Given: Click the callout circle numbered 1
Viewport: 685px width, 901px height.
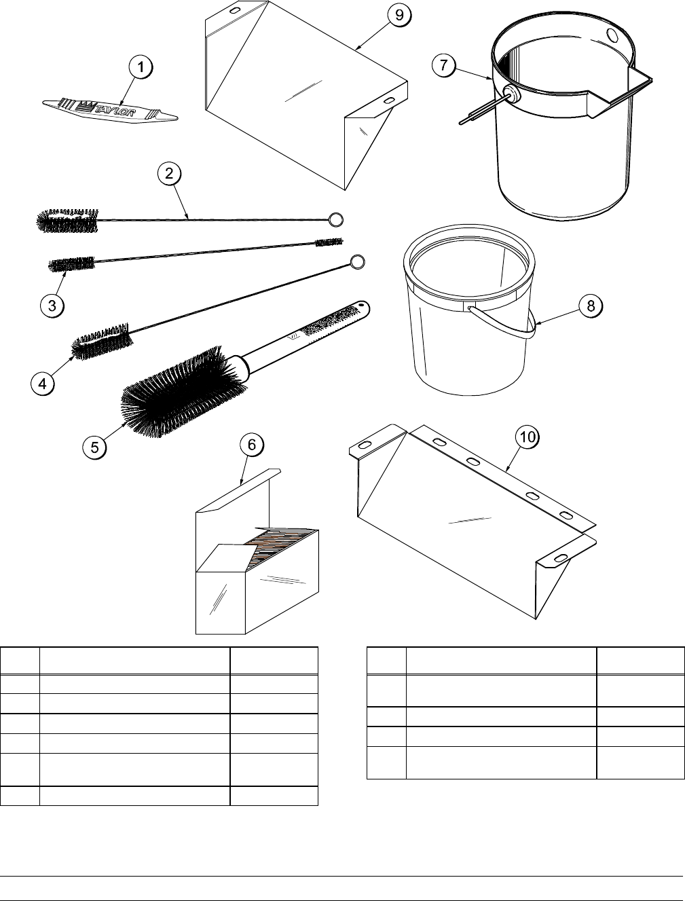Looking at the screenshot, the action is (141, 67).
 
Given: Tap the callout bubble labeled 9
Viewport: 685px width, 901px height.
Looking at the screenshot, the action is (399, 15).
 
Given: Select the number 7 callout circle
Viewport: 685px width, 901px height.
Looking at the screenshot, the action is (444, 65).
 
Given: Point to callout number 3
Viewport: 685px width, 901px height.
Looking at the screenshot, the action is (52, 306).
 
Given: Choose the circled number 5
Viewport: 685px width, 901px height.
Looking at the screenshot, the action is (94, 447).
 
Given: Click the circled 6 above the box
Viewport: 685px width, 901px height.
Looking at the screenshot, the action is (252, 445).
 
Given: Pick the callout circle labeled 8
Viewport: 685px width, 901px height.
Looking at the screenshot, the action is (591, 306).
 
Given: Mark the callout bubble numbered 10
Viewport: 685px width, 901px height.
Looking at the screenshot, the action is (527, 437).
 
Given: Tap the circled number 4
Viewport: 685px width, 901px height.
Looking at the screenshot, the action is (43, 384).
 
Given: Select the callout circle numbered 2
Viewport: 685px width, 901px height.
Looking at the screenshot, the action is (169, 173).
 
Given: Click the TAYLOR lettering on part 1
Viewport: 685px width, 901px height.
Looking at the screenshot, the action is (115, 109).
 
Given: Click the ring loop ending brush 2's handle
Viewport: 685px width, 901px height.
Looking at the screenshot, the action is (336, 219).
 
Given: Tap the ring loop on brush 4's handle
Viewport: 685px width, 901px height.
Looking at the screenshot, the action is (358, 262).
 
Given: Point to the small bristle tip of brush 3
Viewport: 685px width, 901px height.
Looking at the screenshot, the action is (329, 242).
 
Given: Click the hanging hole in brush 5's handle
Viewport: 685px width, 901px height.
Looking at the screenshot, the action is (362, 305).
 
